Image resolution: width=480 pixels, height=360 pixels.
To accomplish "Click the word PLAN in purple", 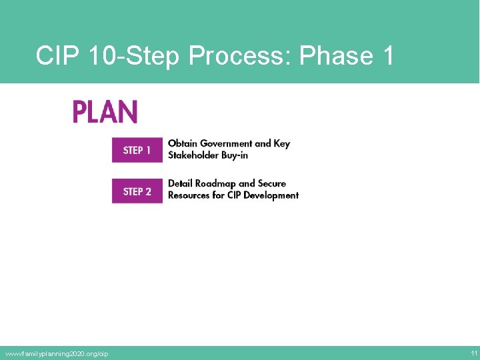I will [105, 112].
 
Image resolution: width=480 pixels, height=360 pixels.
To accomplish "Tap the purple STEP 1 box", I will [137, 150].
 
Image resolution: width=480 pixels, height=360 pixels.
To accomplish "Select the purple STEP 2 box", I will [137, 191].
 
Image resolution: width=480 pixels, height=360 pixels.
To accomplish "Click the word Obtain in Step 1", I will [182, 143].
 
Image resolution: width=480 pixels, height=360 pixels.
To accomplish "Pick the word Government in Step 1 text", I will [226, 143].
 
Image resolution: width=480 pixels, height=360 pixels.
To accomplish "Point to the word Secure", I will [272, 183].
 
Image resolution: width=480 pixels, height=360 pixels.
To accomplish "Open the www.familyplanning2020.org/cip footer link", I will [56, 353].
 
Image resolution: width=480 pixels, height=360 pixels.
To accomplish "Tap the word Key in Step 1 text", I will [282, 143].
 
